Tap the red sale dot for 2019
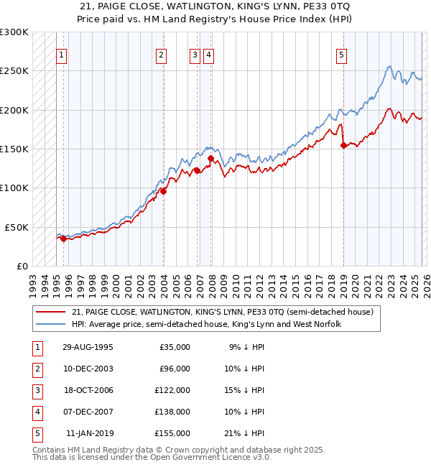pyautogui.click(x=343, y=145)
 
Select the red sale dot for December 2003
pyautogui.click(x=163, y=191)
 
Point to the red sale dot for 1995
pyautogui.click(x=64, y=239)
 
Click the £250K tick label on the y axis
pyautogui.click(x=14, y=71)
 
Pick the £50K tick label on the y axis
pyautogui.click(x=17, y=226)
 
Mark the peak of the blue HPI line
pyautogui.click(x=389, y=67)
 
